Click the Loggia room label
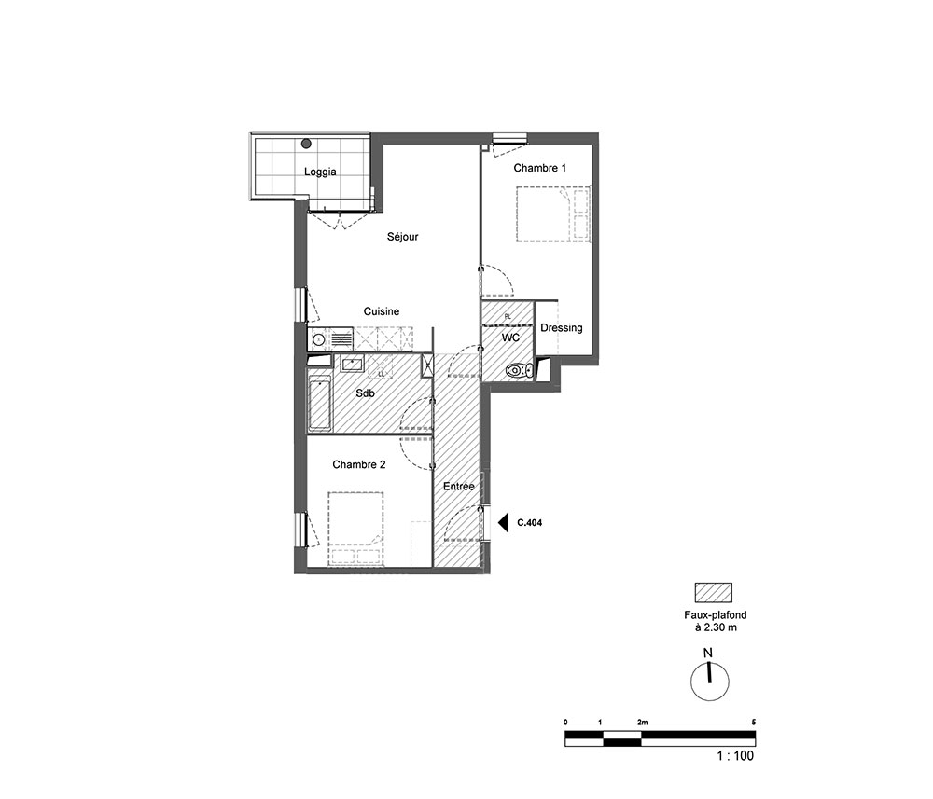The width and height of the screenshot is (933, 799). [x=320, y=172]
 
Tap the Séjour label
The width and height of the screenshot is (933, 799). [x=403, y=237]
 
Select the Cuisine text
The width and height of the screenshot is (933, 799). [x=382, y=311]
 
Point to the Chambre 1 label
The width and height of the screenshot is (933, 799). [x=539, y=168]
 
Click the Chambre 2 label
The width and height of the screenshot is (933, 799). [x=359, y=465]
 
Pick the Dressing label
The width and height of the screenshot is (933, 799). [x=561, y=328]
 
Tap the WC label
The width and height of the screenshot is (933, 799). [x=510, y=338]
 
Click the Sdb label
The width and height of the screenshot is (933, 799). [x=366, y=393]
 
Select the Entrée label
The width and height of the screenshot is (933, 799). [x=459, y=487]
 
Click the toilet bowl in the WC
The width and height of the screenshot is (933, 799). [x=519, y=371]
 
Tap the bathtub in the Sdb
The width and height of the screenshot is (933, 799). [x=320, y=403]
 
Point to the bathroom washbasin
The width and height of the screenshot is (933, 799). [x=353, y=364]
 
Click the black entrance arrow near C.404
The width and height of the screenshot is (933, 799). [x=504, y=522]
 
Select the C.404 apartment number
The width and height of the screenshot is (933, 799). [x=530, y=523]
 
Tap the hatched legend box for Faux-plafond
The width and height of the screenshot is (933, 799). [x=714, y=593]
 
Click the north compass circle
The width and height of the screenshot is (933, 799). [x=710, y=682]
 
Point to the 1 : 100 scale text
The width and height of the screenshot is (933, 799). [x=735, y=755]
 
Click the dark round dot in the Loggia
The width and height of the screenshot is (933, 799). [x=306, y=144]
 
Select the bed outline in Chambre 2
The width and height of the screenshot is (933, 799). [x=355, y=529]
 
